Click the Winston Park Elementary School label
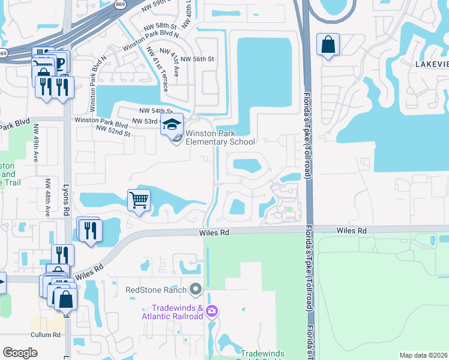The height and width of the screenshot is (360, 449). point(220,137)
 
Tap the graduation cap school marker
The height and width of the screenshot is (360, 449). point(172,124)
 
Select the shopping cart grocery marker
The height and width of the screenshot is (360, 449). point(139,199)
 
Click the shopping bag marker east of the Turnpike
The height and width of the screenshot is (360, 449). point(328,45)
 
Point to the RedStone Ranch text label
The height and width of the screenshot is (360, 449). point(156,290)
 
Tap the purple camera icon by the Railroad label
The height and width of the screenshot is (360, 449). point(211,311)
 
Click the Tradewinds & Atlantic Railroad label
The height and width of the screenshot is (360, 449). point(172,312)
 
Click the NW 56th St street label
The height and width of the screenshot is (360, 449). point(197,59)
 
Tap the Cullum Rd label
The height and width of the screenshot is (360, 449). point(47,335)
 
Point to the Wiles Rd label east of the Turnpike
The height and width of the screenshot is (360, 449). point(351,230)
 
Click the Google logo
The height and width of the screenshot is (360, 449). point(20,353)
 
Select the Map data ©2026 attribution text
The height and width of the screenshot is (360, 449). point(423,355)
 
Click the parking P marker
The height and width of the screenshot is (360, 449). point(60,62)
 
